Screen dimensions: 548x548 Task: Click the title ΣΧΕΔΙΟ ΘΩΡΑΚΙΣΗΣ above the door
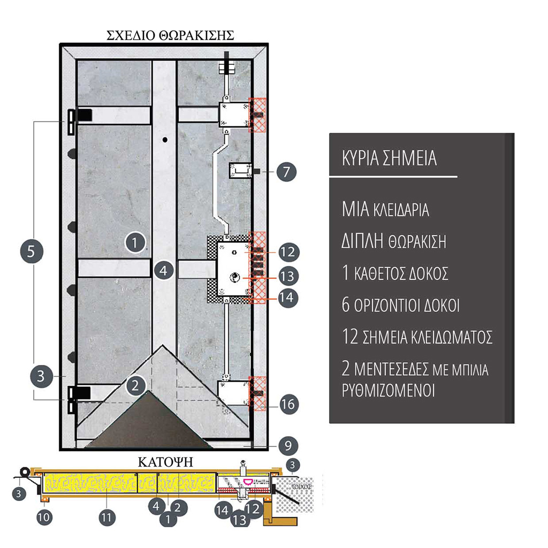170,36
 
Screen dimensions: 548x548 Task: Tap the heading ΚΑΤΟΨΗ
165,462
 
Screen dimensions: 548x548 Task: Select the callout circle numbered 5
32,252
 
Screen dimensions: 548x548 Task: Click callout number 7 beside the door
286,172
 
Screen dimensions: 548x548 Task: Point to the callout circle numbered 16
288,405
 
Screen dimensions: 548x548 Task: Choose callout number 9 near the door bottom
288,446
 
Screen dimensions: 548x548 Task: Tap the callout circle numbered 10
44,517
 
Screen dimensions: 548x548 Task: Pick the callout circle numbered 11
107,517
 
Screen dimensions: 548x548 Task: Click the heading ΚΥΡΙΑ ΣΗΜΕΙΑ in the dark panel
390,158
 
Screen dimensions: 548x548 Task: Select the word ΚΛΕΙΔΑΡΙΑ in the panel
401,210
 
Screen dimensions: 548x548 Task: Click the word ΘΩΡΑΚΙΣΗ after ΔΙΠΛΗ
417,241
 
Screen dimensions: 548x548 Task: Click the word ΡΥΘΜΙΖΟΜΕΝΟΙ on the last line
389,390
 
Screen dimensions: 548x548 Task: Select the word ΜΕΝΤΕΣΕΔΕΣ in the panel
391,369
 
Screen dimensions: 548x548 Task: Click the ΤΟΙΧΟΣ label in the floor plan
301,486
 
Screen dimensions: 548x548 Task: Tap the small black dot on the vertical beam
165,140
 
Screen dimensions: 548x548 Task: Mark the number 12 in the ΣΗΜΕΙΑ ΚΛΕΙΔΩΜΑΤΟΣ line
350,337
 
